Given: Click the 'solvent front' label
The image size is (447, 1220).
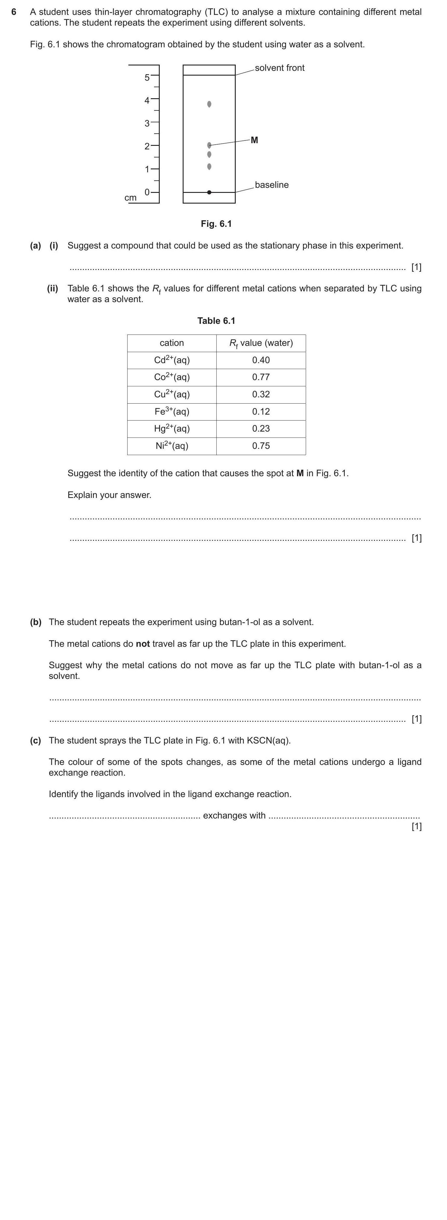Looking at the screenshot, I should [279, 68].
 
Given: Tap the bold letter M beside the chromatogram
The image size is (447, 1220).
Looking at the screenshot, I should [254, 140].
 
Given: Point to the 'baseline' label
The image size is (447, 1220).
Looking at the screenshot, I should [271, 185].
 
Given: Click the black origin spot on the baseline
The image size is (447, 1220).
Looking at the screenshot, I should [209, 192].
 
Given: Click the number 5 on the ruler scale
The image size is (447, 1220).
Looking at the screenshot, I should [147, 78].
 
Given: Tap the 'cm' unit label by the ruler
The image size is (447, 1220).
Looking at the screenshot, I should [130, 198].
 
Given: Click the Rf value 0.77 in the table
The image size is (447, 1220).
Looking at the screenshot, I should [261, 377].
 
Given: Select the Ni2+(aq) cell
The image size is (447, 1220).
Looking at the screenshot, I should [172, 446].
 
